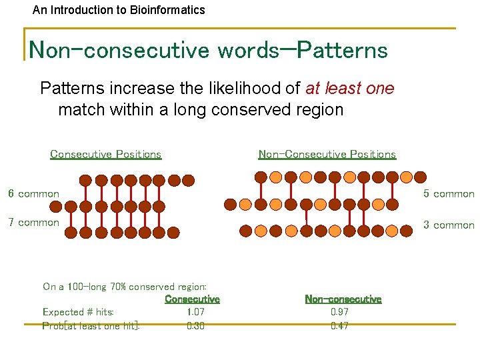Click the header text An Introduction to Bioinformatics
[119, 10]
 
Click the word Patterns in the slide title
[342, 49]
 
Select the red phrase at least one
[349, 89]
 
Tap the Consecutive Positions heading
[105, 154]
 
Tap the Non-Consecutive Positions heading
[327, 154]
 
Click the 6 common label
[33, 194]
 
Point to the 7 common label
[33, 223]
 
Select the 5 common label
[449, 194]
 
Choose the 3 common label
[449, 225]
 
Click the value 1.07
[195, 312]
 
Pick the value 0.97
[339, 312]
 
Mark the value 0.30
[195, 326]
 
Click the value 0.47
[339, 326]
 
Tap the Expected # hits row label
[78, 312]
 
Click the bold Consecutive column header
[192, 299]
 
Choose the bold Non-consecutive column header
[343, 299]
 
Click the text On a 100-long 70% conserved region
[125, 287]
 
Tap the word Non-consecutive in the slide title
[119, 49]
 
